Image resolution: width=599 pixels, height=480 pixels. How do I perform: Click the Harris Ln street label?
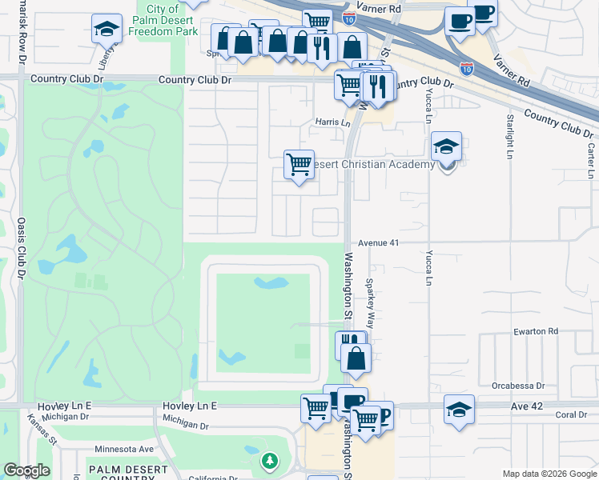(332, 123)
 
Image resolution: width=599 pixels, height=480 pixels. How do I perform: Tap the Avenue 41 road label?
(378, 242)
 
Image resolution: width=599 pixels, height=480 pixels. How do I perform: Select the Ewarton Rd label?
(537, 330)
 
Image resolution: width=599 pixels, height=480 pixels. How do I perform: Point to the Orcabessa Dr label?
(518, 385)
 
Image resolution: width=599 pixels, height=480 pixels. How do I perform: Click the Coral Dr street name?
(572, 415)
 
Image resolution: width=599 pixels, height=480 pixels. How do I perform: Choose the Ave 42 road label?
(527, 406)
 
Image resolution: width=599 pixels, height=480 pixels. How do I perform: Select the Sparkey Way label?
(370, 303)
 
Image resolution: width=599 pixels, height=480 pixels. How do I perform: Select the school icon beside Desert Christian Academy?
(447, 147)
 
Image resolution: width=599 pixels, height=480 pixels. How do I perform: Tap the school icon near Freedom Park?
(107, 30)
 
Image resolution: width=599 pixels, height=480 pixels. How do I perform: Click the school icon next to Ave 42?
(459, 410)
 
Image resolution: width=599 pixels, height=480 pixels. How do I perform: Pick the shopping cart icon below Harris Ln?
(299, 165)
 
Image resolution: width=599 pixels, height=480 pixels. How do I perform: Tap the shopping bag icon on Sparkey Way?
(356, 358)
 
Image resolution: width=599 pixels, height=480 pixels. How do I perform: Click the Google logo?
(26, 470)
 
